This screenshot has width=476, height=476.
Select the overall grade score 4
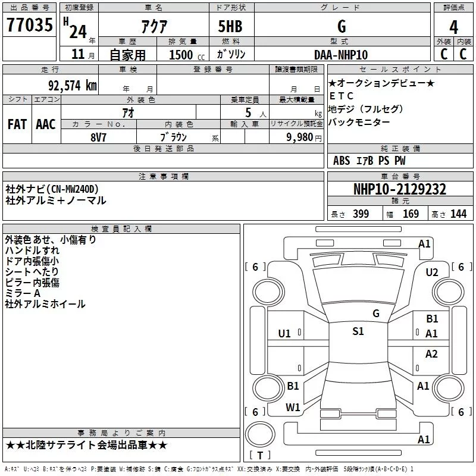point(454,27)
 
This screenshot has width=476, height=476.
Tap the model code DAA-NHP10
point(341,55)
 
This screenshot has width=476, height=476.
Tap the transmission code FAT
point(17,124)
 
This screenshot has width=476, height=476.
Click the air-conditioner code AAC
point(46,124)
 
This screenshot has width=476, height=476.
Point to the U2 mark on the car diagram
point(432,272)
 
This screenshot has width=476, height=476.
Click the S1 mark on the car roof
point(358,331)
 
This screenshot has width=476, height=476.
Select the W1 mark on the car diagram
point(293,407)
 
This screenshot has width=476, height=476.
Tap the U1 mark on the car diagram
point(284,333)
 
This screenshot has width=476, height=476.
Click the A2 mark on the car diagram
point(431,354)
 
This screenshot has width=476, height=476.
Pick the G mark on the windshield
point(375,313)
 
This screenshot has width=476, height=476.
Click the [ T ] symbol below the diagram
point(262,456)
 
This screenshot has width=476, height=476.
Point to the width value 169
point(411,214)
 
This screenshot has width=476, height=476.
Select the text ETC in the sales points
point(342,96)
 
